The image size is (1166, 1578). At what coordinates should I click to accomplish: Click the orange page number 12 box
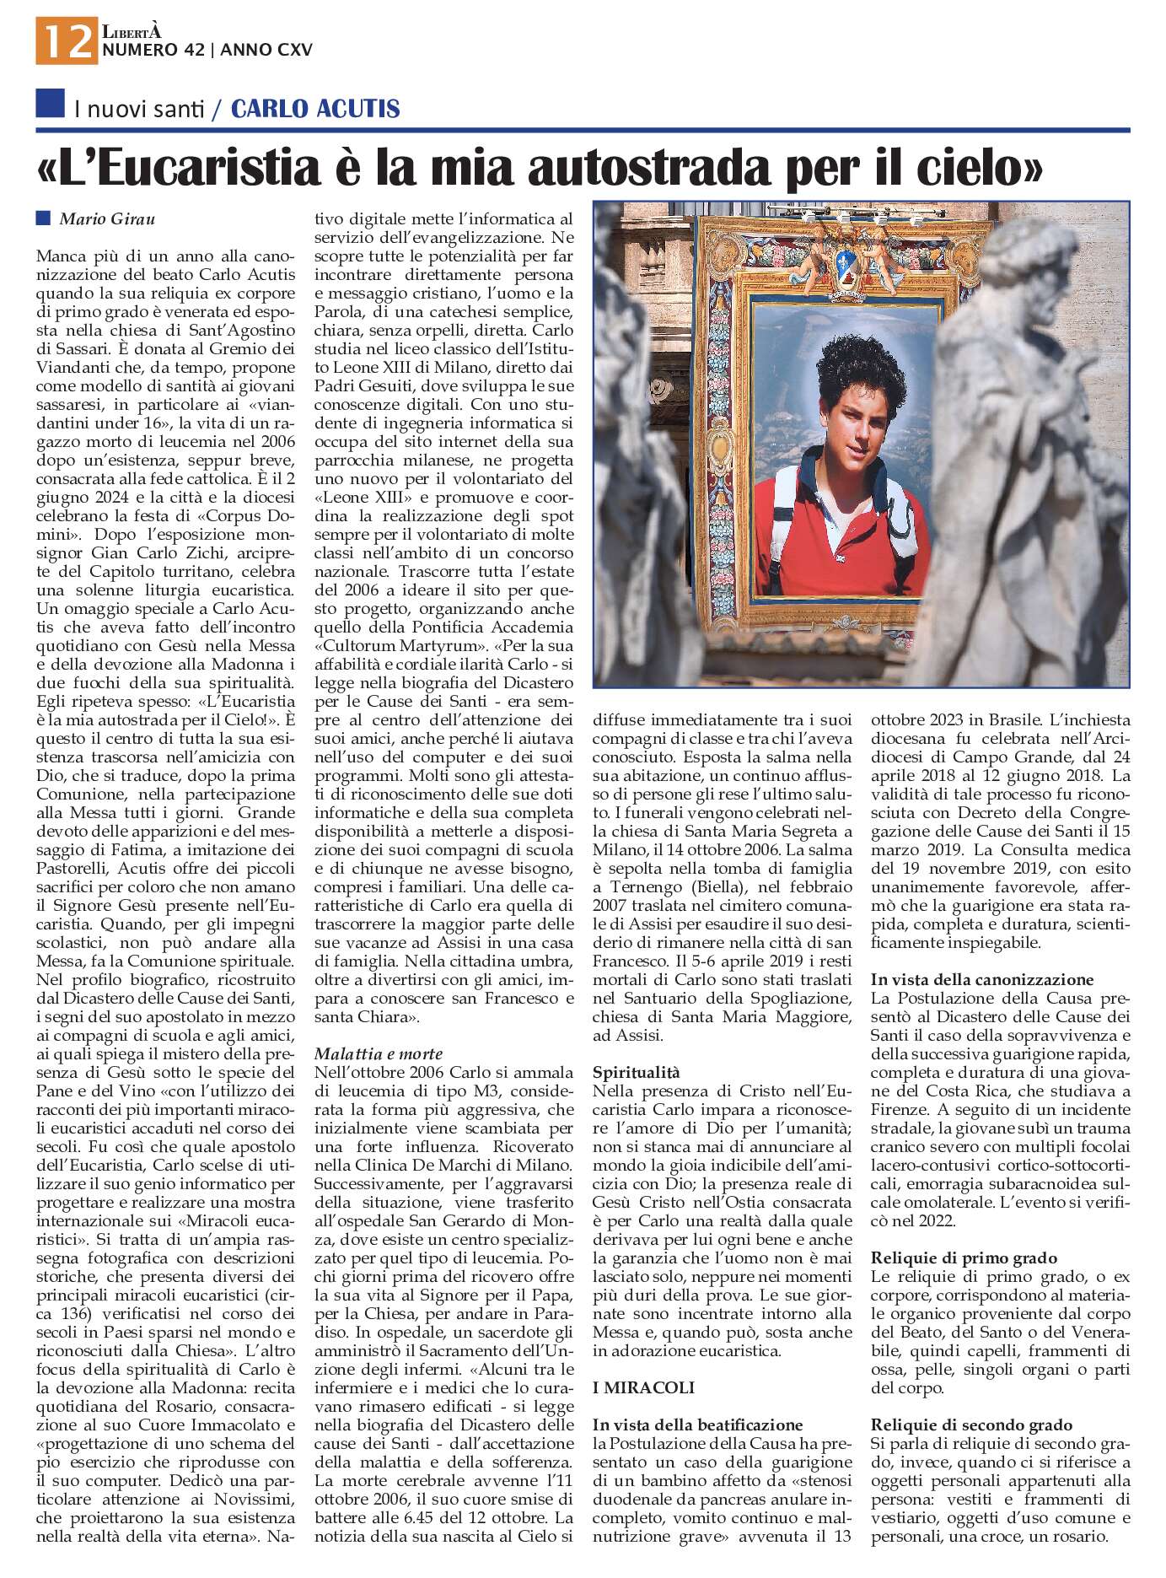coord(66,40)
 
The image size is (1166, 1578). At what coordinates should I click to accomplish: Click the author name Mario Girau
coord(107,219)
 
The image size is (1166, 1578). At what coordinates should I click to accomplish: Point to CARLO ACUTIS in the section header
coord(315,109)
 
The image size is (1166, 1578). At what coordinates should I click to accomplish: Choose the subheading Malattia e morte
coord(379,1053)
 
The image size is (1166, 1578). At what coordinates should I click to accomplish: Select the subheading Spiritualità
coord(636,1072)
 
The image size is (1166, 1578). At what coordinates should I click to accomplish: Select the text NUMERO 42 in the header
coord(153,50)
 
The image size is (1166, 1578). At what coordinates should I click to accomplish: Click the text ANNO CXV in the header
coord(266,50)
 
